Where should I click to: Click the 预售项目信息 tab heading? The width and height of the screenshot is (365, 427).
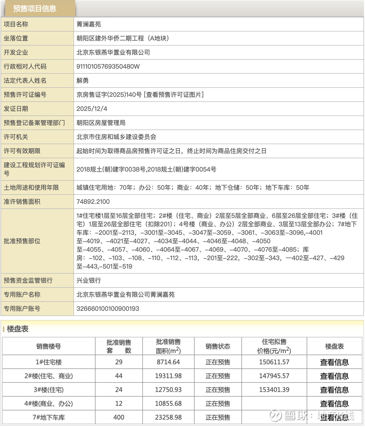coord(35,9)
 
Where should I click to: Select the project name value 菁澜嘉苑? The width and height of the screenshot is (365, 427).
coord(89,24)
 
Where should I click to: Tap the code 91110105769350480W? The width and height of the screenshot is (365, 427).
coord(108,67)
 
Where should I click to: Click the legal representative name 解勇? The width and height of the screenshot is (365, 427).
coord(82,81)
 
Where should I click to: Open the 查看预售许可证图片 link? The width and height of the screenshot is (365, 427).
coord(174,95)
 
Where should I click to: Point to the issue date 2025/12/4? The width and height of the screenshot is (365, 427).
coord(92,109)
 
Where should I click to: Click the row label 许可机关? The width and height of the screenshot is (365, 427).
coord(16,137)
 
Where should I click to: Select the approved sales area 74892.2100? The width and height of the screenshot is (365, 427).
coord(93,202)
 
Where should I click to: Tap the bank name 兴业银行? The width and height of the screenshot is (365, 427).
coord(89,281)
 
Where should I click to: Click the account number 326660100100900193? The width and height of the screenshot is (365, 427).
coord(108,309)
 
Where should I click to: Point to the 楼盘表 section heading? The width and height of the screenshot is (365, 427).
coord(17,329)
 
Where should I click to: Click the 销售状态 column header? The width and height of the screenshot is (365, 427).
coord(218,346)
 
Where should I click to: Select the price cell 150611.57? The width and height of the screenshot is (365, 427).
coord(274,362)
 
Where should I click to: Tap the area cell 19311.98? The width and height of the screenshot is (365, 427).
coord(168,376)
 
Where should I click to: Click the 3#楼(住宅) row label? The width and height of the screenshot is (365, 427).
coord(49,390)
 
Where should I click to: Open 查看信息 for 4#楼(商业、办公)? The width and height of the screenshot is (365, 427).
coord(334,404)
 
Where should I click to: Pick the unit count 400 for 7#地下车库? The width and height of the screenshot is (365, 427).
coord(119,418)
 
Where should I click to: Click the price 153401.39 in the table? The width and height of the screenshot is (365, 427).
coord(274,390)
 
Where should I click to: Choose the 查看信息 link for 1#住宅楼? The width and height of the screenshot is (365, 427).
coord(334,362)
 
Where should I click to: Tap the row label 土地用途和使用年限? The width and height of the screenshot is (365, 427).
coord(31,188)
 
